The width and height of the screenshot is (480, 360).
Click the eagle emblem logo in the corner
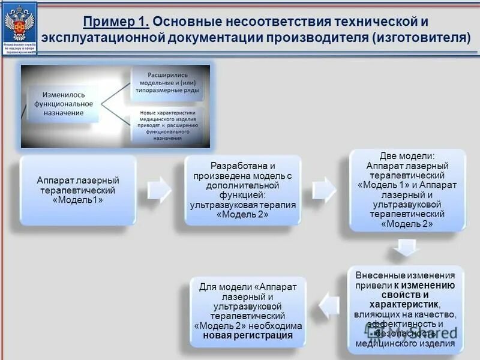click(x=19, y=24)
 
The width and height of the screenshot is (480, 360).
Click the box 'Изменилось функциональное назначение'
click(x=67, y=104)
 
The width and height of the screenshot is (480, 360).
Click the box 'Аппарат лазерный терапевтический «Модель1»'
click(x=78, y=190)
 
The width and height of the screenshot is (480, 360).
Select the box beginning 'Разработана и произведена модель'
click(x=242, y=190)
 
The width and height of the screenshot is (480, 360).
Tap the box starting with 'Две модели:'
click(x=407, y=190)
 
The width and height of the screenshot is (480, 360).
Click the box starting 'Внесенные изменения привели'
click(x=405, y=309)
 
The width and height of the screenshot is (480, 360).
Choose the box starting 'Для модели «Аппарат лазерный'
click(x=247, y=311)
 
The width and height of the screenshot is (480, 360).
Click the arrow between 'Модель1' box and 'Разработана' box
click(x=160, y=190)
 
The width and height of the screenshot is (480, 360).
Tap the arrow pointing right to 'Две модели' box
click(x=325, y=190)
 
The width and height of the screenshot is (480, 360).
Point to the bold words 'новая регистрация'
click(x=247, y=335)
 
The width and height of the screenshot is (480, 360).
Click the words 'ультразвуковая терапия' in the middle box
click(x=242, y=205)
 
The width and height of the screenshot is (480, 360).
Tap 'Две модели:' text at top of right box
click(x=407, y=155)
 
